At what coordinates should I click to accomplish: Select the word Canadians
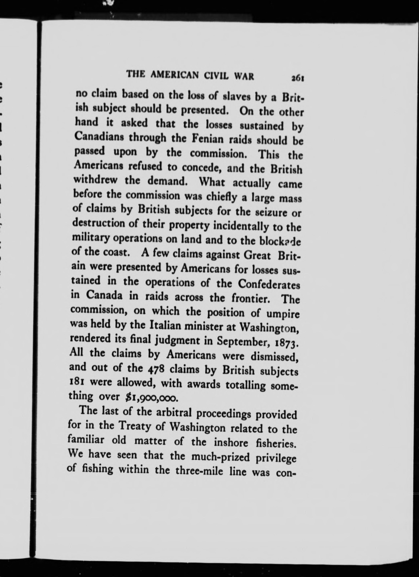pyautogui.click(x=99, y=138)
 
